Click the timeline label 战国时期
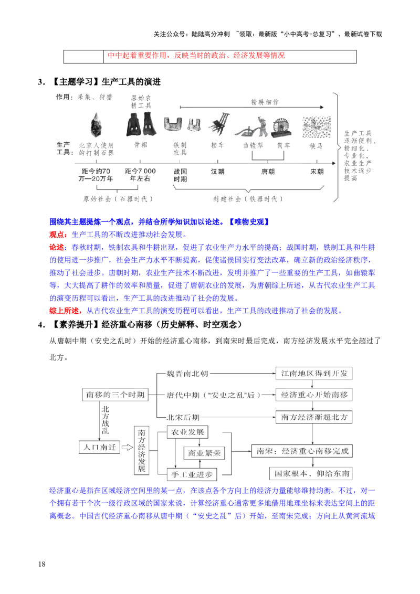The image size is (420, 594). click(x=180, y=175)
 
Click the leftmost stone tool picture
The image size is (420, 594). click(x=96, y=125)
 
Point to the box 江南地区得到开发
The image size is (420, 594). click(x=314, y=374)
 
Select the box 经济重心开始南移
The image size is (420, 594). click(x=314, y=394)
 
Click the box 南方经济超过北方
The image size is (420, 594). click(x=314, y=417)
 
